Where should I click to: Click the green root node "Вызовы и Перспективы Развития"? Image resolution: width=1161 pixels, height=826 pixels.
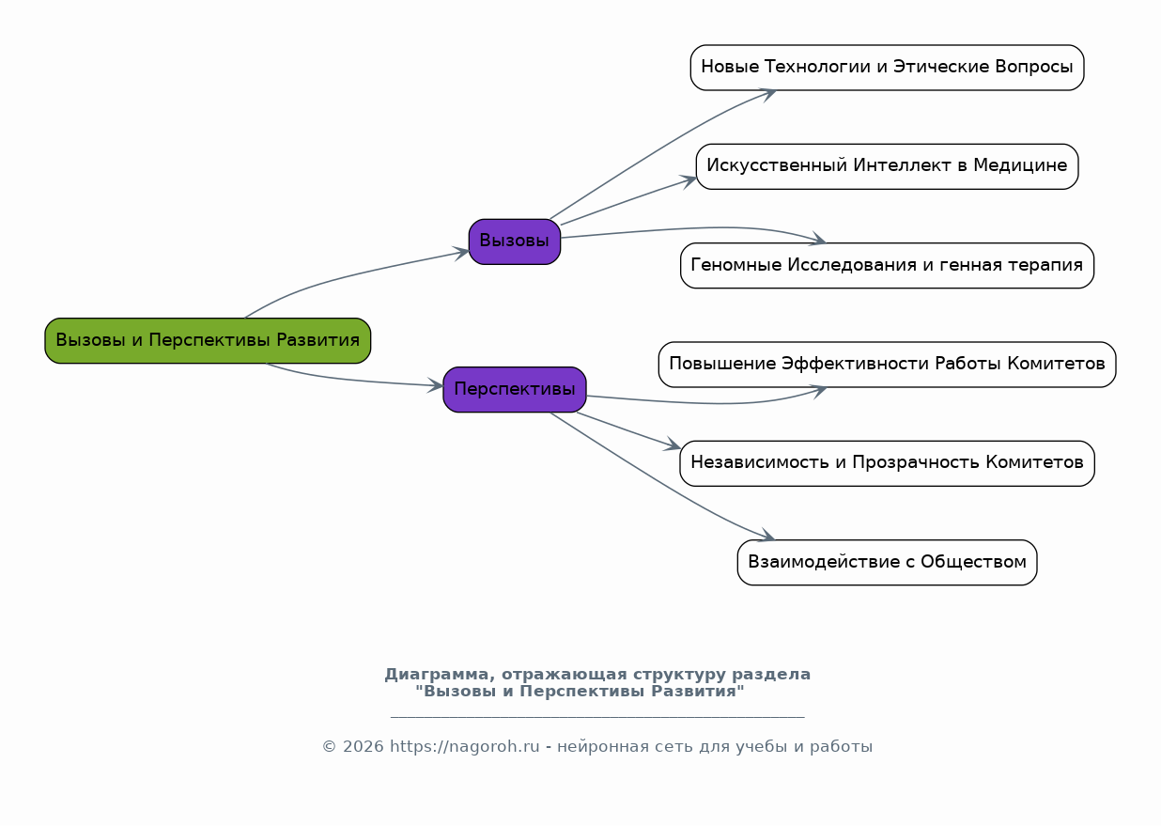(x=208, y=340)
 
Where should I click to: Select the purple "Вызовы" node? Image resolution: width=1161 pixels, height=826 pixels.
(x=514, y=241)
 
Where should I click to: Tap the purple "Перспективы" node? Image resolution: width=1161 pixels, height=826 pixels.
(x=514, y=389)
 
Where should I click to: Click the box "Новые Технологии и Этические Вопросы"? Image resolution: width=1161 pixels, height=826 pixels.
(x=887, y=67)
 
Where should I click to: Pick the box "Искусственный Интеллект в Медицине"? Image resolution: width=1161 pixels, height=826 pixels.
(x=887, y=166)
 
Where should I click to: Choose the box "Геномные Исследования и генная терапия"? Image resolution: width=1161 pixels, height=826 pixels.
(x=887, y=265)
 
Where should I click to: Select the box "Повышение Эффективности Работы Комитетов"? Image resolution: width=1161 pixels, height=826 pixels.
(x=887, y=365)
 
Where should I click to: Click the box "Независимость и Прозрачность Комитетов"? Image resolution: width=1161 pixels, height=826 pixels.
(x=887, y=463)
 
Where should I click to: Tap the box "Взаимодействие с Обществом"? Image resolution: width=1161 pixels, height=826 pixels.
(x=887, y=562)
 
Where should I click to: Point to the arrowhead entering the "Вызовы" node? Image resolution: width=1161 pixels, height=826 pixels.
(x=461, y=253)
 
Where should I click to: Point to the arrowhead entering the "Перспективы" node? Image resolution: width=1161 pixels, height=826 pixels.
(x=435, y=385)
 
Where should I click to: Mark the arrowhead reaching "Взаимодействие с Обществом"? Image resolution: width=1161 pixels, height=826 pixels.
(x=766, y=537)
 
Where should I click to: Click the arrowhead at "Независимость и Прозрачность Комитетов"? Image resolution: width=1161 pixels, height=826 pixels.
(x=673, y=446)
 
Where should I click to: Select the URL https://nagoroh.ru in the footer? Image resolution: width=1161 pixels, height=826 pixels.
(x=464, y=747)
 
